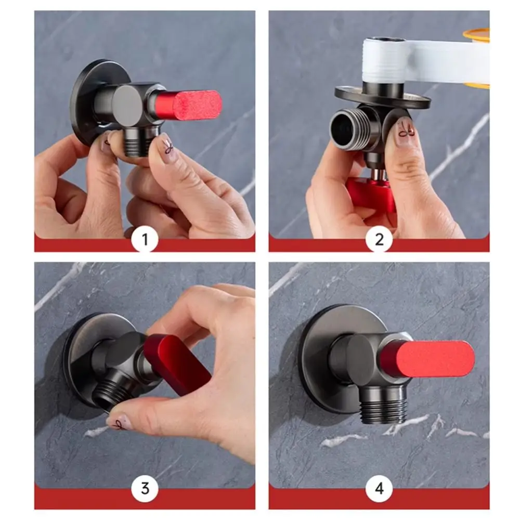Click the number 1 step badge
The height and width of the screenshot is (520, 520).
[145, 239]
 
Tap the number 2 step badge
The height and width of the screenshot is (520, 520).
[379, 239]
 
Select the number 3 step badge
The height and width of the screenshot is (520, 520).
[145, 488]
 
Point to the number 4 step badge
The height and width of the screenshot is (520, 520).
[379, 488]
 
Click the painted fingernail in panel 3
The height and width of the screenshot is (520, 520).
[120, 422]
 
